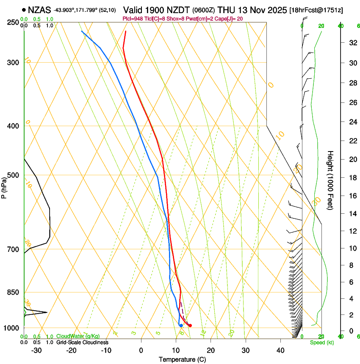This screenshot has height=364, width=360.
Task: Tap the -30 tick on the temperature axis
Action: pyautogui.click(x=36, y=350)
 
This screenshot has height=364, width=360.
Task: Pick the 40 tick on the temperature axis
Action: pyautogui.click(x=280, y=350)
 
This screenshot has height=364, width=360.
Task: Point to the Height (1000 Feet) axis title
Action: pyautogui.click(x=331, y=180)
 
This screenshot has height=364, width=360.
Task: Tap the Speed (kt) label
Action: pyautogui.click(x=321, y=342)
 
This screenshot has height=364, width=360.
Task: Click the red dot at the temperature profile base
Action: pyautogui.click(x=190, y=325)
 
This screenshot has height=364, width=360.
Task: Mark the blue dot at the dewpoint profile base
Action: pyautogui.click(x=181, y=325)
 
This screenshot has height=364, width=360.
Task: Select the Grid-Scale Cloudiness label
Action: pyautogui.click(x=82, y=342)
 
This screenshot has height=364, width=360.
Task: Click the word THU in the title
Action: pyautogui.click(x=227, y=9)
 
